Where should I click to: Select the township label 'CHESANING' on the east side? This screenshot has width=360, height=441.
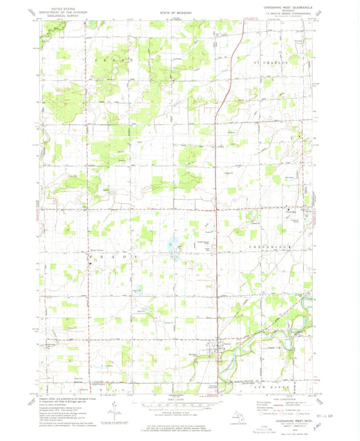273,248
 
